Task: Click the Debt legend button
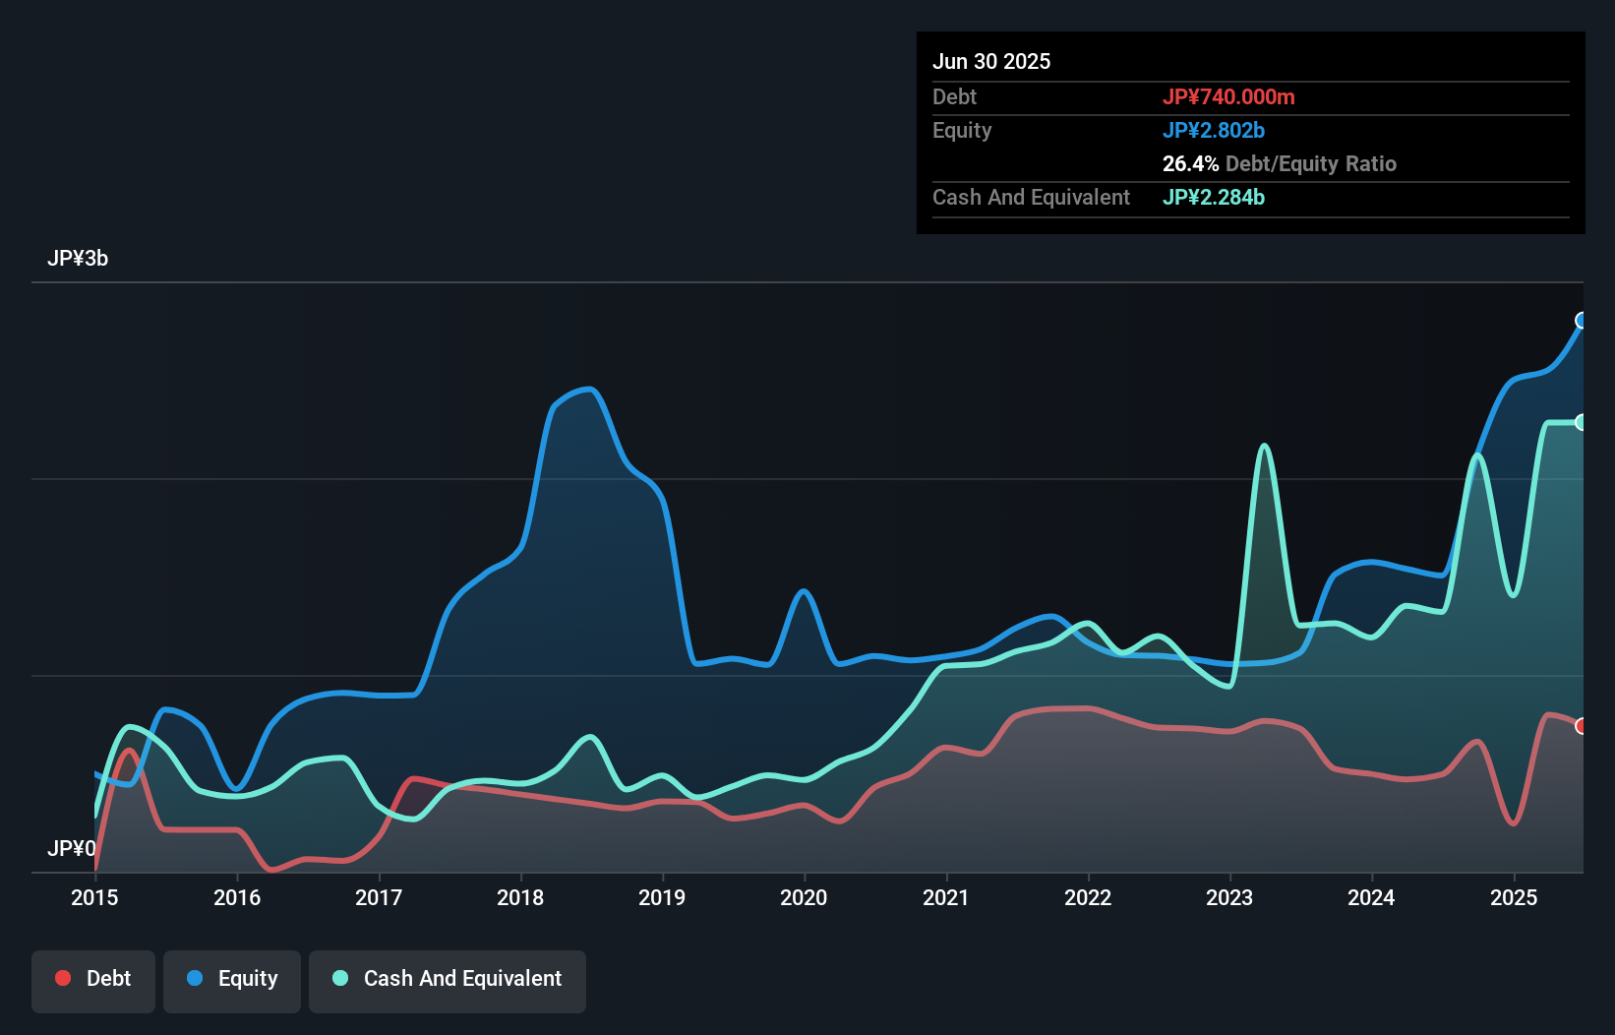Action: [x=93, y=980]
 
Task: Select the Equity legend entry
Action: [x=232, y=980]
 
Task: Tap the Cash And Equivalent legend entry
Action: [x=448, y=980]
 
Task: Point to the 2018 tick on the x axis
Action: [x=520, y=897]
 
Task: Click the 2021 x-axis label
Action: [x=945, y=897]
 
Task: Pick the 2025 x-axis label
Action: [x=1514, y=897]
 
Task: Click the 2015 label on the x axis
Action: [x=94, y=897]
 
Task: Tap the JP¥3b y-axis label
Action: [x=78, y=259]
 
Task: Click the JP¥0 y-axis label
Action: [x=71, y=848]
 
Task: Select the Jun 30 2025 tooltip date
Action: [x=991, y=61]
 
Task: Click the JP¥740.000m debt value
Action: [x=1228, y=96]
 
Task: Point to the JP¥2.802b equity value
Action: [x=1214, y=130]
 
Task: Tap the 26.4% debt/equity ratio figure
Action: [x=1190, y=163]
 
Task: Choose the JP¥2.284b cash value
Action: [x=1214, y=197]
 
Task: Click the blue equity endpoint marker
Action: [x=1582, y=321]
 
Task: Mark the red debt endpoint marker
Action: [x=1582, y=726]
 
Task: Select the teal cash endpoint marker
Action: [x=1582, y=422]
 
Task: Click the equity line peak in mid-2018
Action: [x=589, y=390]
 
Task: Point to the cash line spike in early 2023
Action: [x=1265, y=447]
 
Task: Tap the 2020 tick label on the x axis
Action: [x=804, y=897]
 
